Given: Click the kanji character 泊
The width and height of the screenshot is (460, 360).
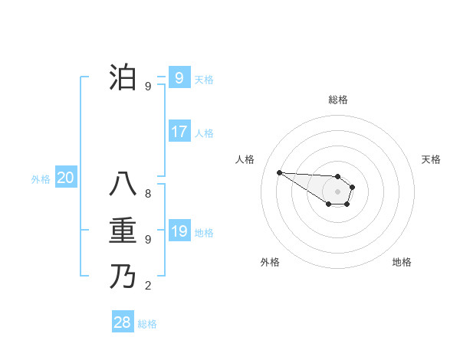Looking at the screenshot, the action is pyautogui.click(x=123, y=78).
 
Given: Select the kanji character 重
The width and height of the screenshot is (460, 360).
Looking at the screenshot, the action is pyautogui.click(x=123, y=231).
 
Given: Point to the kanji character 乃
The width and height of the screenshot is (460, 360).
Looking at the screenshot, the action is pyautogui.click(x=123, y=276).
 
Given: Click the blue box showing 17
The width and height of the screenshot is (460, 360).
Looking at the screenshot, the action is pyautogui.click(x=179, y=132).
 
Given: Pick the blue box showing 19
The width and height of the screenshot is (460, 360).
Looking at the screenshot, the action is pyautogui.click(x=179, y=231).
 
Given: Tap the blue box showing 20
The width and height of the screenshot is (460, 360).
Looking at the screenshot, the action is pyautogui.click(x=66, y=178).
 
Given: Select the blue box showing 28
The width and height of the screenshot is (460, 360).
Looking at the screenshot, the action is pyautogui.click(x=123, y=322).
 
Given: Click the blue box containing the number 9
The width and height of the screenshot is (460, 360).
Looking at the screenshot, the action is pyautogui.click(x=179, y=77).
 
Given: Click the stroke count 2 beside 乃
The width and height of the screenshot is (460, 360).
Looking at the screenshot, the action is pyautogui.click(x=148, y=286).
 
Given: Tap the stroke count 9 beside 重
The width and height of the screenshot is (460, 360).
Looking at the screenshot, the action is pyautogui.click(x=148, y=240).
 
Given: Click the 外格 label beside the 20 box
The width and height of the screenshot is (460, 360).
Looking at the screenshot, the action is pyautogui.click(x=41, y=179).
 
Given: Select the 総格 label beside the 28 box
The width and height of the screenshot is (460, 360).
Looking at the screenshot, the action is pyautogui.click(x=147, y=324).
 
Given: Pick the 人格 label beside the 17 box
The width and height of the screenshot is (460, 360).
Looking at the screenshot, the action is pyautogui.click(x=204, y=133).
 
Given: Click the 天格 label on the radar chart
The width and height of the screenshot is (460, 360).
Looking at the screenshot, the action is pyautogui.click(x=431, y=159).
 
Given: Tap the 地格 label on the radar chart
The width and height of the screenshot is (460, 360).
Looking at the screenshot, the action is pyautogui.click(x=402, y=262).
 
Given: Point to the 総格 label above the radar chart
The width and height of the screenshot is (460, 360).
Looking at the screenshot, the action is pyautogui.click(x=338, y=100).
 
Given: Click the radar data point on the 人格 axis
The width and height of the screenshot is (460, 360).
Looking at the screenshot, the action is pyautogui.click(x=279, y=172).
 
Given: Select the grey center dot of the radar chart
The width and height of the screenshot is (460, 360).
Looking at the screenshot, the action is pyautogui.click(x=337, y=191).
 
